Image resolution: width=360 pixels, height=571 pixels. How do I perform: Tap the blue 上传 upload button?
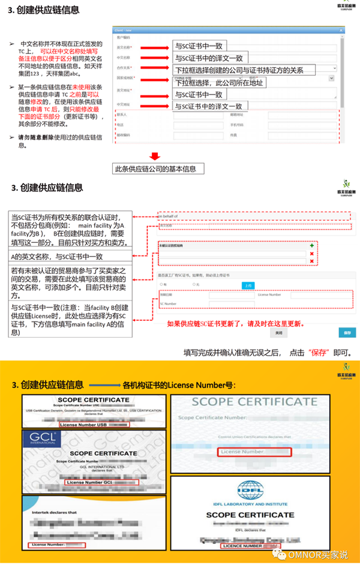[x=249, y=285]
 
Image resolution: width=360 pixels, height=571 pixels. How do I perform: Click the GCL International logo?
[x=42, y=440]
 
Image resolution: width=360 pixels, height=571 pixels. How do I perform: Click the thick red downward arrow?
[x=157, y=154]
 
